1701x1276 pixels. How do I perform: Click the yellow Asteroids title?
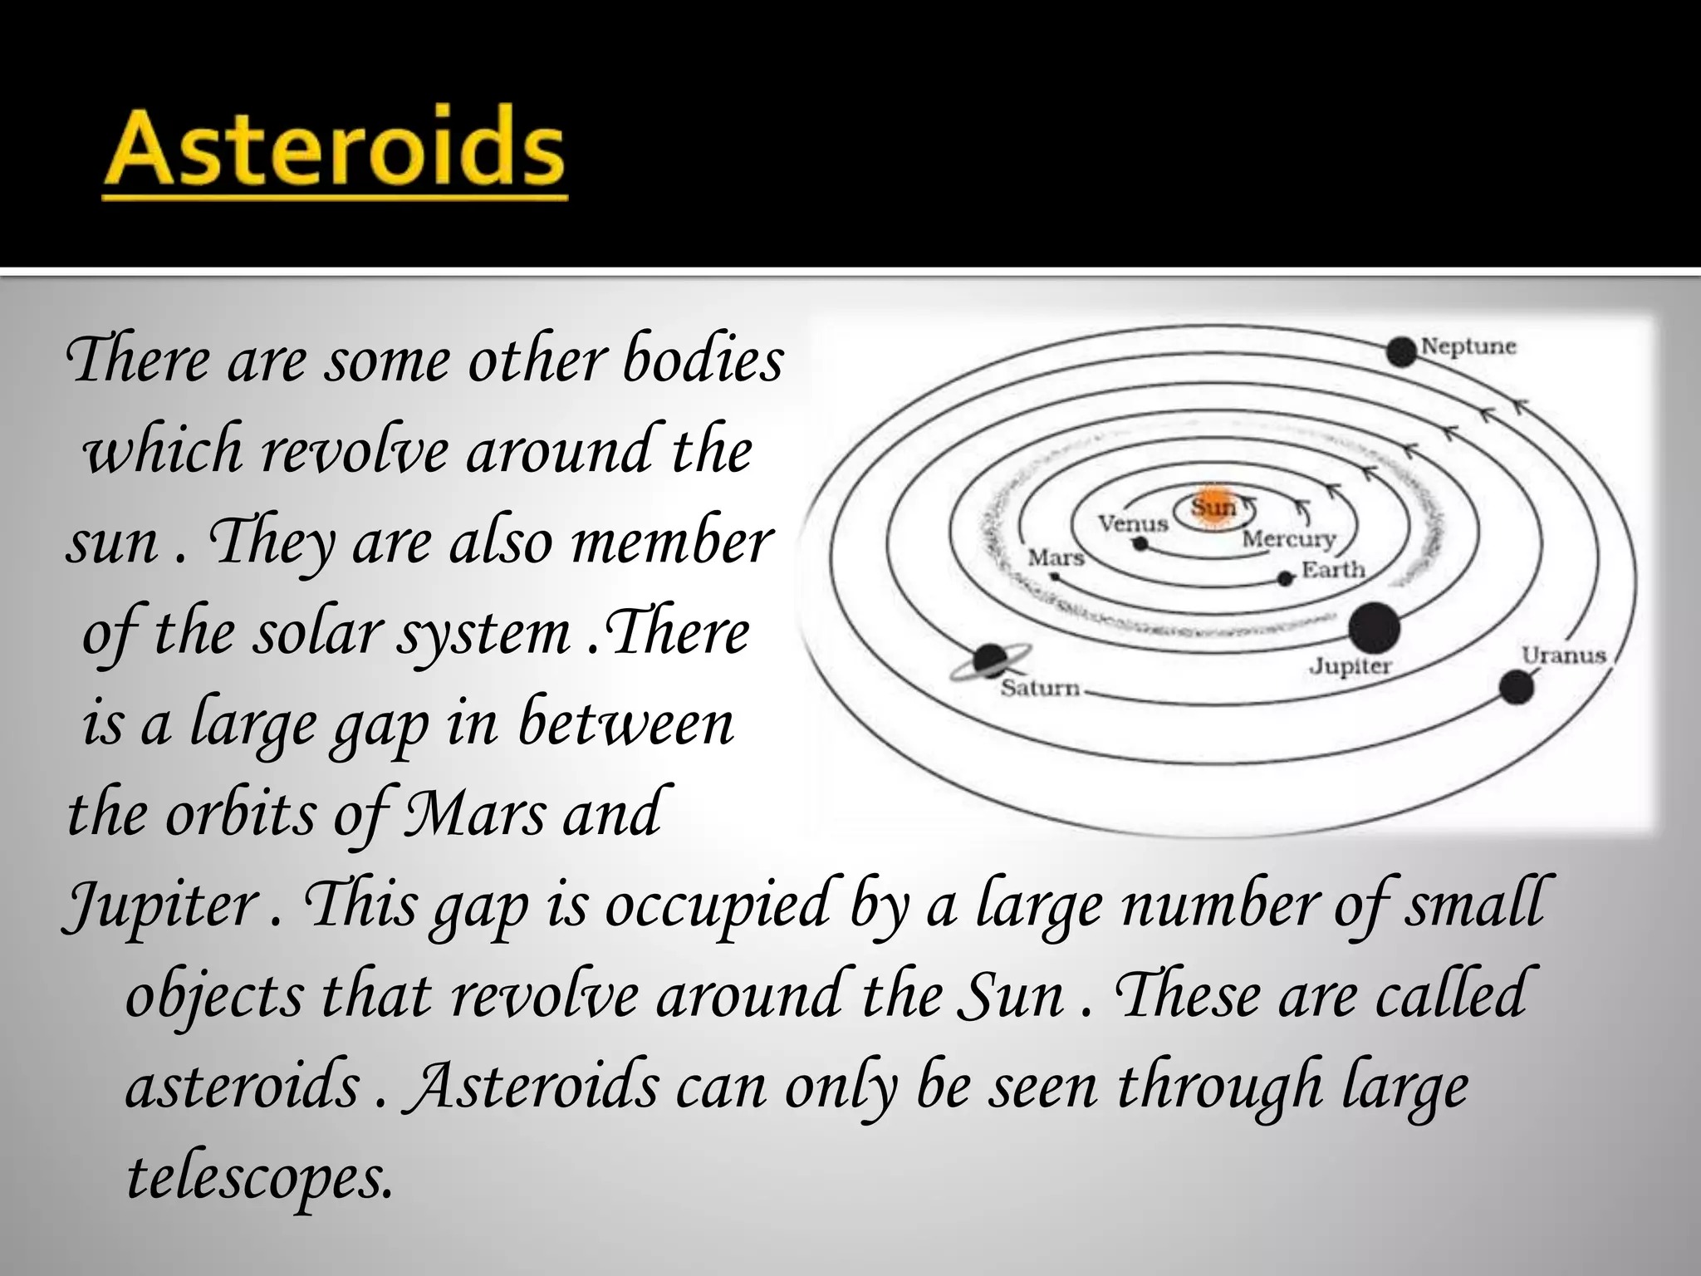[x=334, y=150]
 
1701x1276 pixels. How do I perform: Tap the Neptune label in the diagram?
[x=1468, y=346]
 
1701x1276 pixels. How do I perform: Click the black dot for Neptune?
[x=1401, y=352]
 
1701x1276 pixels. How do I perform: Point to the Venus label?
[x=1133, y=523]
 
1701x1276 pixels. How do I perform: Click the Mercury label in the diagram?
[x=1289, y=539]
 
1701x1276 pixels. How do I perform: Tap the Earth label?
[x=1333, y=570]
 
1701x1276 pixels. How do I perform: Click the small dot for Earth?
[x=1286, y=578]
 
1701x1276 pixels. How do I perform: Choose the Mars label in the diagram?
[x=1056, y=557]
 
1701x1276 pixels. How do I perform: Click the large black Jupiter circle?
[x=1374, y=629]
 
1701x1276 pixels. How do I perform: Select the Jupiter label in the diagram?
[x=1350, y=666]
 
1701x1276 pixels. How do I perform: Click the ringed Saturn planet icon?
[x=989, y=661]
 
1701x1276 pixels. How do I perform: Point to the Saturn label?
[x=1040, y=688]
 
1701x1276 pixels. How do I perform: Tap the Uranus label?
[x=1563, y=655]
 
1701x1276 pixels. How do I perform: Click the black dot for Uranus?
[x=1516, y=688]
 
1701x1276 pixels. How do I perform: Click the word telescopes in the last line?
[x=258, y=1178]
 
